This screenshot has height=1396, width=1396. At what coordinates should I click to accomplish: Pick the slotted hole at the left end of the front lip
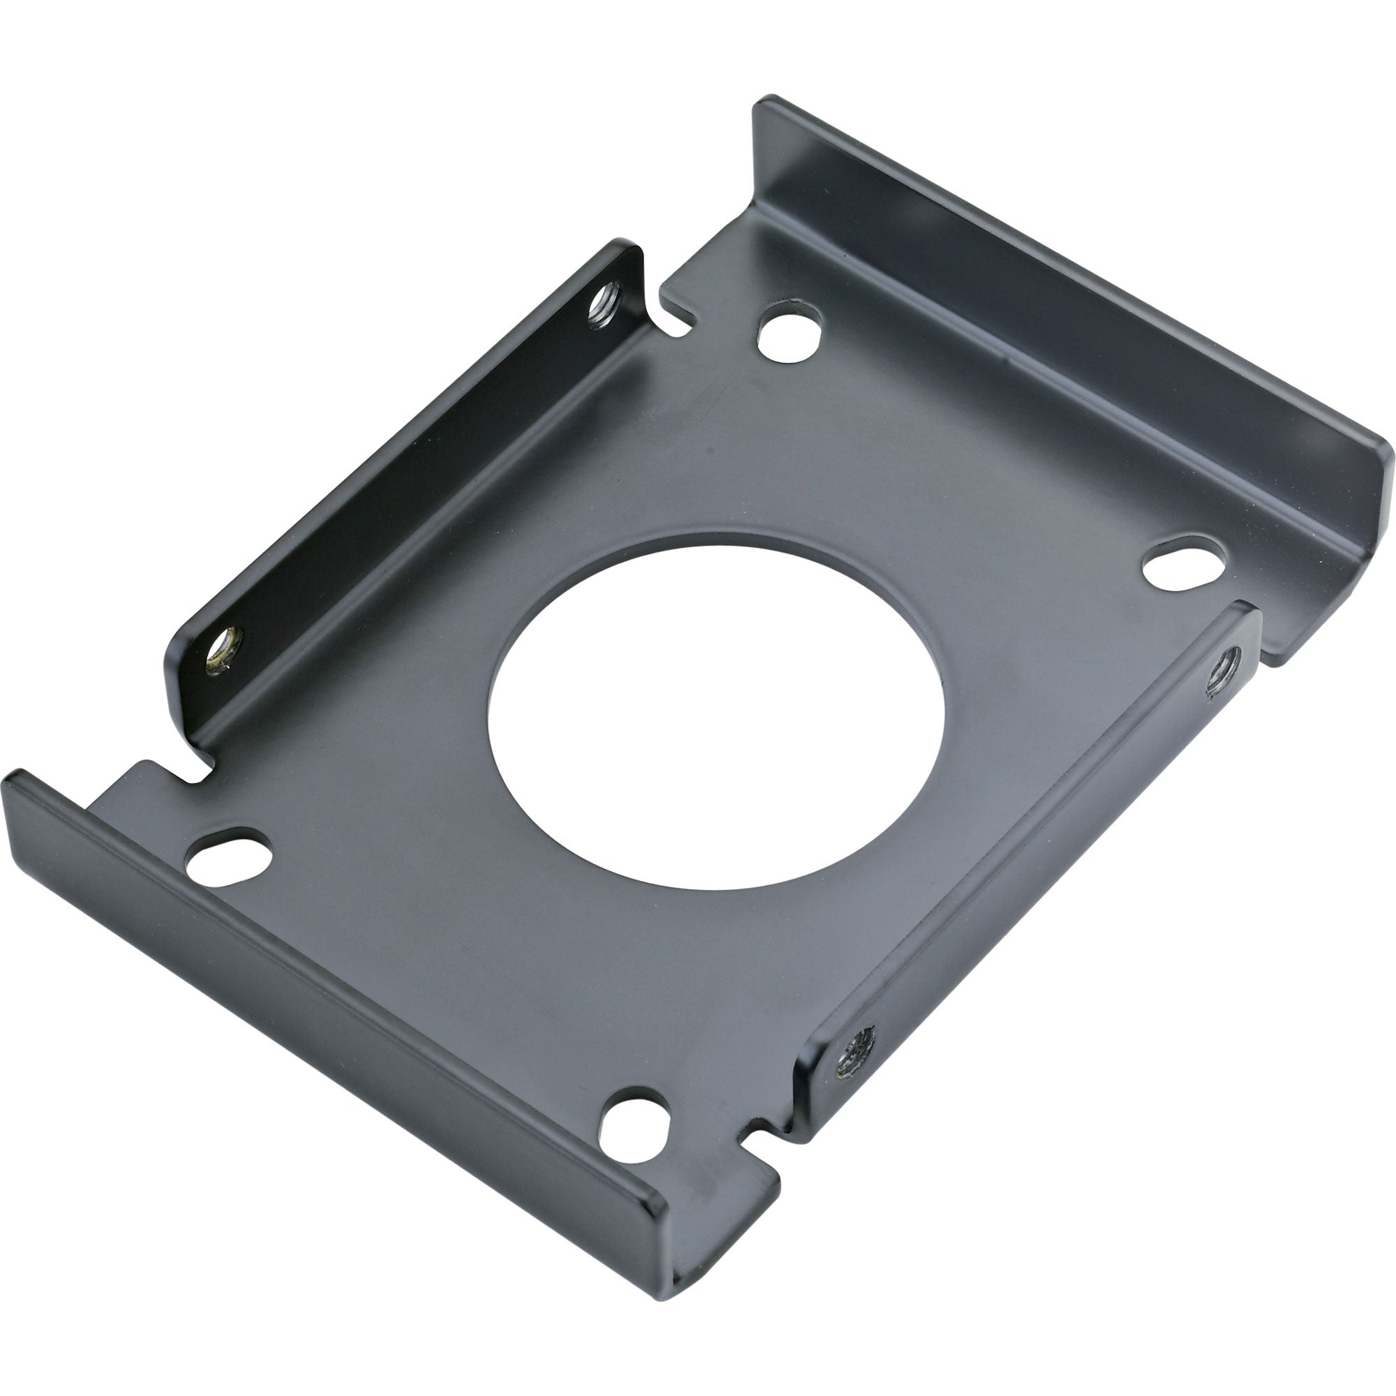point(228,854)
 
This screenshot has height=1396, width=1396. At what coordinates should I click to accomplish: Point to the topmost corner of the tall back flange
point(766,101)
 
